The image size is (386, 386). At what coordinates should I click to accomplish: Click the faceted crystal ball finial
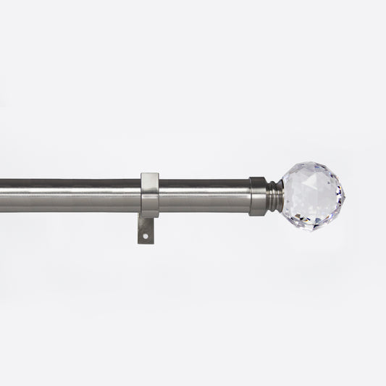pos(312,196)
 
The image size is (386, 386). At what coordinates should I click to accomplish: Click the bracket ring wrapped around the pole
pos(150,195)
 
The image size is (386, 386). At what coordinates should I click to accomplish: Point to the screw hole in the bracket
pos(145,235)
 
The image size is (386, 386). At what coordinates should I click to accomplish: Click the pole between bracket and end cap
pos(204,196)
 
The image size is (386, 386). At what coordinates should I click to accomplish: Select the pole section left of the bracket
pos(72,196)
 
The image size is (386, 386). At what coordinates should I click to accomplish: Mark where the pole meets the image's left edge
pos(1,196)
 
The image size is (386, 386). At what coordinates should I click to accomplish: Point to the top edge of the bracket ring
pos(150,174)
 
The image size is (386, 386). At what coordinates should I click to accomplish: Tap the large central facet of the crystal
pos(310,190)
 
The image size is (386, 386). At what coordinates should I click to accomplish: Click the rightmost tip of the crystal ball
pos(344,196)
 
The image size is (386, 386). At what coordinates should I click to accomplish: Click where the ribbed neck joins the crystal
pos(282,196)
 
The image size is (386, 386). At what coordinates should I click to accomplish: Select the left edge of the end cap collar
pos(250,196)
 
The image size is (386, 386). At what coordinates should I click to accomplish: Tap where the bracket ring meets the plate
pos(148,217)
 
